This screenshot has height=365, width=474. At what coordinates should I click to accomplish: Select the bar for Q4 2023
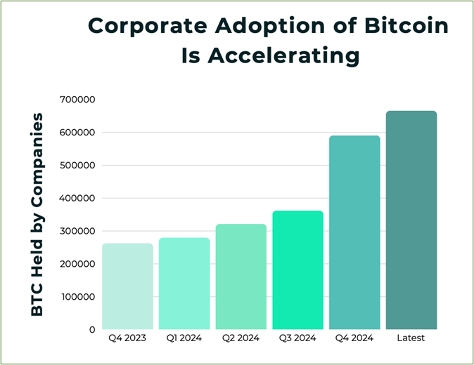tap(127, 286)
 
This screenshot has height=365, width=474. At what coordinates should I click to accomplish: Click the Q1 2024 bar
tap(184, 284)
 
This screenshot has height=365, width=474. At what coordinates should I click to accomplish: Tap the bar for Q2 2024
tap(241, 277)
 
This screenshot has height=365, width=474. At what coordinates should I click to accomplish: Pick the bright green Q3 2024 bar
tap(297, 270)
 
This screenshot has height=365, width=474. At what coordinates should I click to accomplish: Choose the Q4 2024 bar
tap(354, 232)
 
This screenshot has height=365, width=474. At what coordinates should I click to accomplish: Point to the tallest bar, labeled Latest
tap(411, 220)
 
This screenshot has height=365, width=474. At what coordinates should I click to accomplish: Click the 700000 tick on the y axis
tap(77, 99)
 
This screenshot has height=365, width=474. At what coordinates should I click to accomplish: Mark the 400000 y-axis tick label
tap(77, 198)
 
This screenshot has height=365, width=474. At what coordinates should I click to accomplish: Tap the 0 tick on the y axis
tap(92, 330)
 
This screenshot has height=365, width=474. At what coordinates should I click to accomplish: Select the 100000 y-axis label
tap(78, 297)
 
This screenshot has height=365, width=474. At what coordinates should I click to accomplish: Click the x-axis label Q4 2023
tap(127, 338)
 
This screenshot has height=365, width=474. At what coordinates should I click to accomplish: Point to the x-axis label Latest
tap(411, 338)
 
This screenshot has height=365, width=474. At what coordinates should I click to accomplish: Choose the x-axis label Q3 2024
tap(297, 338)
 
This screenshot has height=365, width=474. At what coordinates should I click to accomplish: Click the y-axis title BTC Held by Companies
tap(37, 215)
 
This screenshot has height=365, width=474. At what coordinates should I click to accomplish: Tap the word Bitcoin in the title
tap(406, 26)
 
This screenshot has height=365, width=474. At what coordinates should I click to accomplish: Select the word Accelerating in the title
tap(283, 56)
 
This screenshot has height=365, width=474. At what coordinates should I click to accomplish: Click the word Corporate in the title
tap(148, 26)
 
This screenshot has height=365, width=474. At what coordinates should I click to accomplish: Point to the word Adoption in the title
tap(270, 26)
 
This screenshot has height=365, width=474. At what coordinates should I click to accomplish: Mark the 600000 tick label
tap(77, 133)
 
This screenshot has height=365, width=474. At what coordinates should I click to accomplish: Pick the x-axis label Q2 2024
tap(241, 338)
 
